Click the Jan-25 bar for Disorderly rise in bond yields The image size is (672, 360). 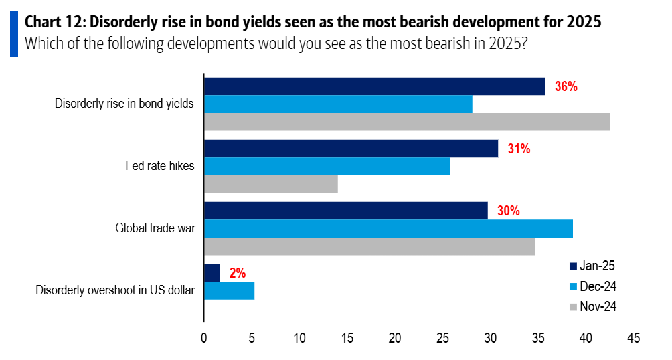[x=375, y=86]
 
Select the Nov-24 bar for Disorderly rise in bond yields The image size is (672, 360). [x=407, y=122]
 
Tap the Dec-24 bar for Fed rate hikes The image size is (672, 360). [x=327, y=166]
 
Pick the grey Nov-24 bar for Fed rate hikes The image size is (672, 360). [x=271, y=184]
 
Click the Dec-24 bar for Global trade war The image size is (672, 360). [x=388, y=228]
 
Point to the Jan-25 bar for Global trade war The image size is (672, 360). [x=346, y=211]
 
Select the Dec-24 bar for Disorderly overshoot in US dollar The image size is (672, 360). [x=230, y=290]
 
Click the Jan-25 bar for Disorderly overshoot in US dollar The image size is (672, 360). [x=212, y=273]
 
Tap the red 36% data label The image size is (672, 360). [x=566, y=87]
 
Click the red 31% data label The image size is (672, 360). [x=519, y=149]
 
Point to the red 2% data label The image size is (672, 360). [x=237, y=273]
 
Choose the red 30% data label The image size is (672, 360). [x=508, y=211]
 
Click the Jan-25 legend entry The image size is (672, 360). [x=592, y=266]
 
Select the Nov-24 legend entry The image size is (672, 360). [x=592, y=307]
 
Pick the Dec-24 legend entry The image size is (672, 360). [x=592, y=286]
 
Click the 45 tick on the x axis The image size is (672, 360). [x=633, y=339]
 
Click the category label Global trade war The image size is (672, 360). [x=155, y=229]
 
